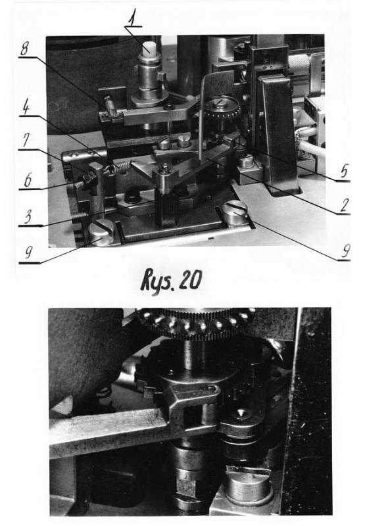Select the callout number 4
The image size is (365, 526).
pos(25,107)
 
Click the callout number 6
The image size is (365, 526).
pos(28,180)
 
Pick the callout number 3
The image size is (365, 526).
pos(28,217)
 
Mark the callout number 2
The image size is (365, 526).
pos(344,205)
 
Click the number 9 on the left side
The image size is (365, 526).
pos(28,252)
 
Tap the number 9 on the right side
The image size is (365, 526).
pos(345,251)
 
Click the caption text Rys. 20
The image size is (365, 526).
pos(171,280)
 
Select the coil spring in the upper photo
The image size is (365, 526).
pos(118,167)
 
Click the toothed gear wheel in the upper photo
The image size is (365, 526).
pos(222,108)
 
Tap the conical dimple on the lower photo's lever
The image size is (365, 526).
pos(240,413)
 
